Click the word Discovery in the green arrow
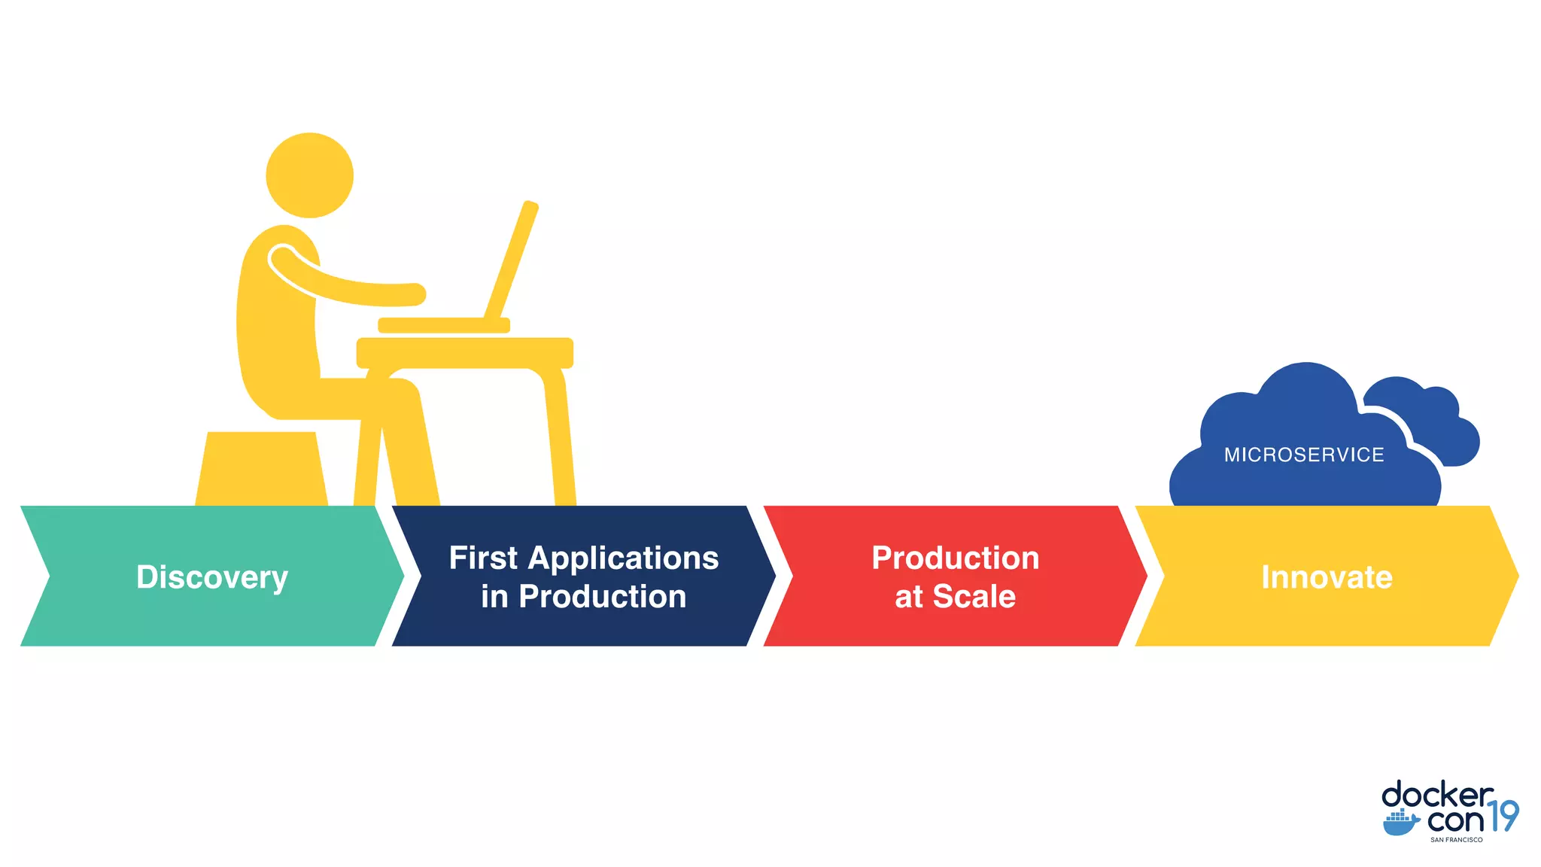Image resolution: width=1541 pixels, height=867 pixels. tap(212, 577)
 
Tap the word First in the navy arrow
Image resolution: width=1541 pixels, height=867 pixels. tap(483, 558)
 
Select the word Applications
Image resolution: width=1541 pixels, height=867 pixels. tap(624, 558)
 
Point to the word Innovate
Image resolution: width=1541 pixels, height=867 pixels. tap(1327, 577)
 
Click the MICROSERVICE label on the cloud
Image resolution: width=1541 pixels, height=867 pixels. tap(1304, 455)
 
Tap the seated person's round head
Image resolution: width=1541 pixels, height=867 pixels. tap(309, 175)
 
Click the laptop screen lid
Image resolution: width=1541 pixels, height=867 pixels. tap(512, 260)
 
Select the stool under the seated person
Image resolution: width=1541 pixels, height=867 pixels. tap(261, 468)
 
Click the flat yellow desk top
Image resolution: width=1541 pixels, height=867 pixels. tap(464, 352)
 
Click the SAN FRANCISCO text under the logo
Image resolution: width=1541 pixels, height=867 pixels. tap(1456, 840)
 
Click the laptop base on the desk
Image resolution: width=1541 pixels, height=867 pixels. tap(443, 325)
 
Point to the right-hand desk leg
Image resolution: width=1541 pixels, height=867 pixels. tap(561, 437)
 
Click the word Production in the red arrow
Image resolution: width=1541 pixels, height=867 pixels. tap(955, 558)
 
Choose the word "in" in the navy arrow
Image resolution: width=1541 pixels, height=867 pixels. tap(494, 597)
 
